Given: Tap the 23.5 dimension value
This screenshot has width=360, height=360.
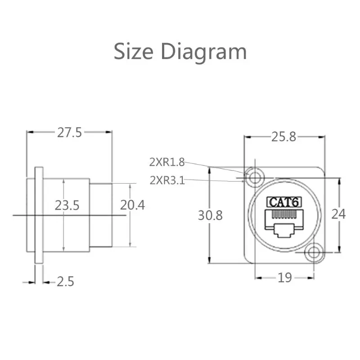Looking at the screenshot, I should [x=67, y=206].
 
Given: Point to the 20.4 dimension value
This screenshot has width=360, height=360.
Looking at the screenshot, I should [x=132, y=205].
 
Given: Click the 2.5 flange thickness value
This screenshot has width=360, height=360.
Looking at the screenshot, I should [x=65, y=282].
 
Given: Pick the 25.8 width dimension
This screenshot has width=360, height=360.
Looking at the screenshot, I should [x=284, y=137].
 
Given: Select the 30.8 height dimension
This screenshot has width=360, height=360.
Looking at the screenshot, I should [x=210, y=215].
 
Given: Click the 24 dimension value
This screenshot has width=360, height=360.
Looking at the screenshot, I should [x=338, y=214].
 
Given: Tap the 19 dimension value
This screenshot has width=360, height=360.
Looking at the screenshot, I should [x=284, y=278].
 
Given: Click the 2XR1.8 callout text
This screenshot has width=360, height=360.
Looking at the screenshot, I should [x=167, y=162].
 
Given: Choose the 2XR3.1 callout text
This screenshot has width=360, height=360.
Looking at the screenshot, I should [x=167, y=180].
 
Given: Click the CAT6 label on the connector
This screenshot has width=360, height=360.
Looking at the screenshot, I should [x=284, y=202].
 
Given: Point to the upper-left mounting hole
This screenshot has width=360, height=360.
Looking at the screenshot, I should [x=255, y=178].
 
